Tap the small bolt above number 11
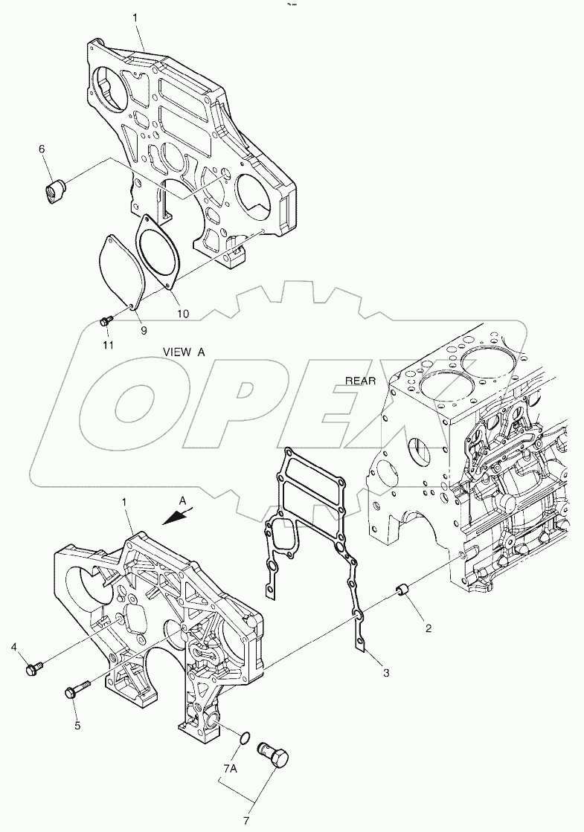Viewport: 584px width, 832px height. (106, 320)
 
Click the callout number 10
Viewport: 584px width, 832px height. (183, 314)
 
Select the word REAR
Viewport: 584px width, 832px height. (361, 381)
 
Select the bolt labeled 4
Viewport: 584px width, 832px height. (33, 668)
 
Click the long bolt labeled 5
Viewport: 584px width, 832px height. (77, 689)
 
